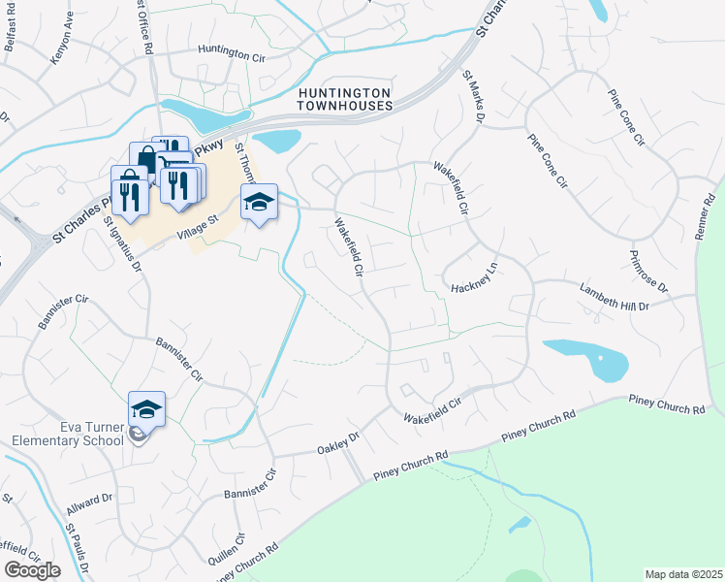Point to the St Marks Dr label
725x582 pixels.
tap(472, 94)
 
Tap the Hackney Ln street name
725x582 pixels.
tap(474, 289)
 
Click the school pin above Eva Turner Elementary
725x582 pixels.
tap(146, 408)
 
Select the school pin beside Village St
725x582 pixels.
tap(259, 202)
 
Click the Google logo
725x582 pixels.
tap(33, 570)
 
